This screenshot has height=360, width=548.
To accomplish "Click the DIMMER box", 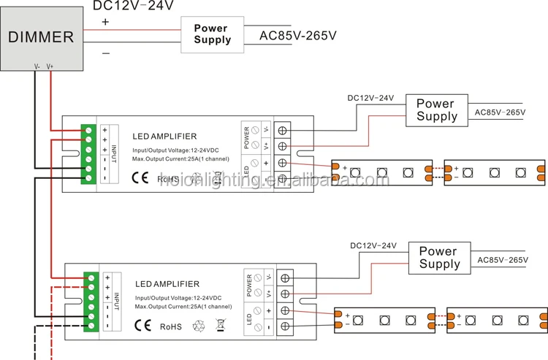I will tap(41, 36).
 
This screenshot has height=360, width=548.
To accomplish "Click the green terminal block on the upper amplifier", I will tap(89, 153).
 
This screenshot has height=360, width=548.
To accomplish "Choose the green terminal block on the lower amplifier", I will tap(92, 300).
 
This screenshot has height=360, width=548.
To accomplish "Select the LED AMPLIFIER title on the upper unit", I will tap(164, 136).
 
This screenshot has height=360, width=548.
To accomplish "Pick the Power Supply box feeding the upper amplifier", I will tap(436, 110).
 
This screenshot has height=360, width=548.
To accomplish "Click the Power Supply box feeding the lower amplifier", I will tap(439, 257).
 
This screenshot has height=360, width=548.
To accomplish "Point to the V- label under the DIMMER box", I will tap(37, 66).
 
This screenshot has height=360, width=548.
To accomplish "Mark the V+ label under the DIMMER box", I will tap(50, 66).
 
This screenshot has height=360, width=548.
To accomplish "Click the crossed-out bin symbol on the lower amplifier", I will tap(219, 324).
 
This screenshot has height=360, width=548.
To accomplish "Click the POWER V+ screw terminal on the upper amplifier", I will tap(282, 145).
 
